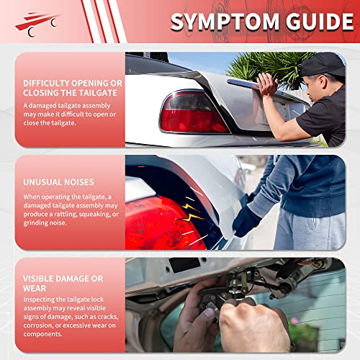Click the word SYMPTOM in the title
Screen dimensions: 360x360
pos(225,22)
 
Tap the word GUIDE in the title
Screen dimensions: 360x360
pos(320,22)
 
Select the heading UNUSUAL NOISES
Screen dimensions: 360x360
pos(58,182)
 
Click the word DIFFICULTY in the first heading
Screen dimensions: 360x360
pos(46,84)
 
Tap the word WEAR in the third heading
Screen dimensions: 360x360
pos(35,289)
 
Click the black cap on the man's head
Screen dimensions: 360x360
pos(323,64)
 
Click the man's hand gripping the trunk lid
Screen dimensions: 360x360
pos(268,84)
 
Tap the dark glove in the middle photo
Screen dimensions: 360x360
pos(246,221)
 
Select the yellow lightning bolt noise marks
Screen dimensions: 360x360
pos(190,213)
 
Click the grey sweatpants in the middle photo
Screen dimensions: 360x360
pos(310,230)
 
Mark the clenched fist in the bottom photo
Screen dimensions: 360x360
pos(254,326)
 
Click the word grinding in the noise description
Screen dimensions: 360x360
pos(35,223)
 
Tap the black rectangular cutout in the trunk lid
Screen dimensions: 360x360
pos(184,265)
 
